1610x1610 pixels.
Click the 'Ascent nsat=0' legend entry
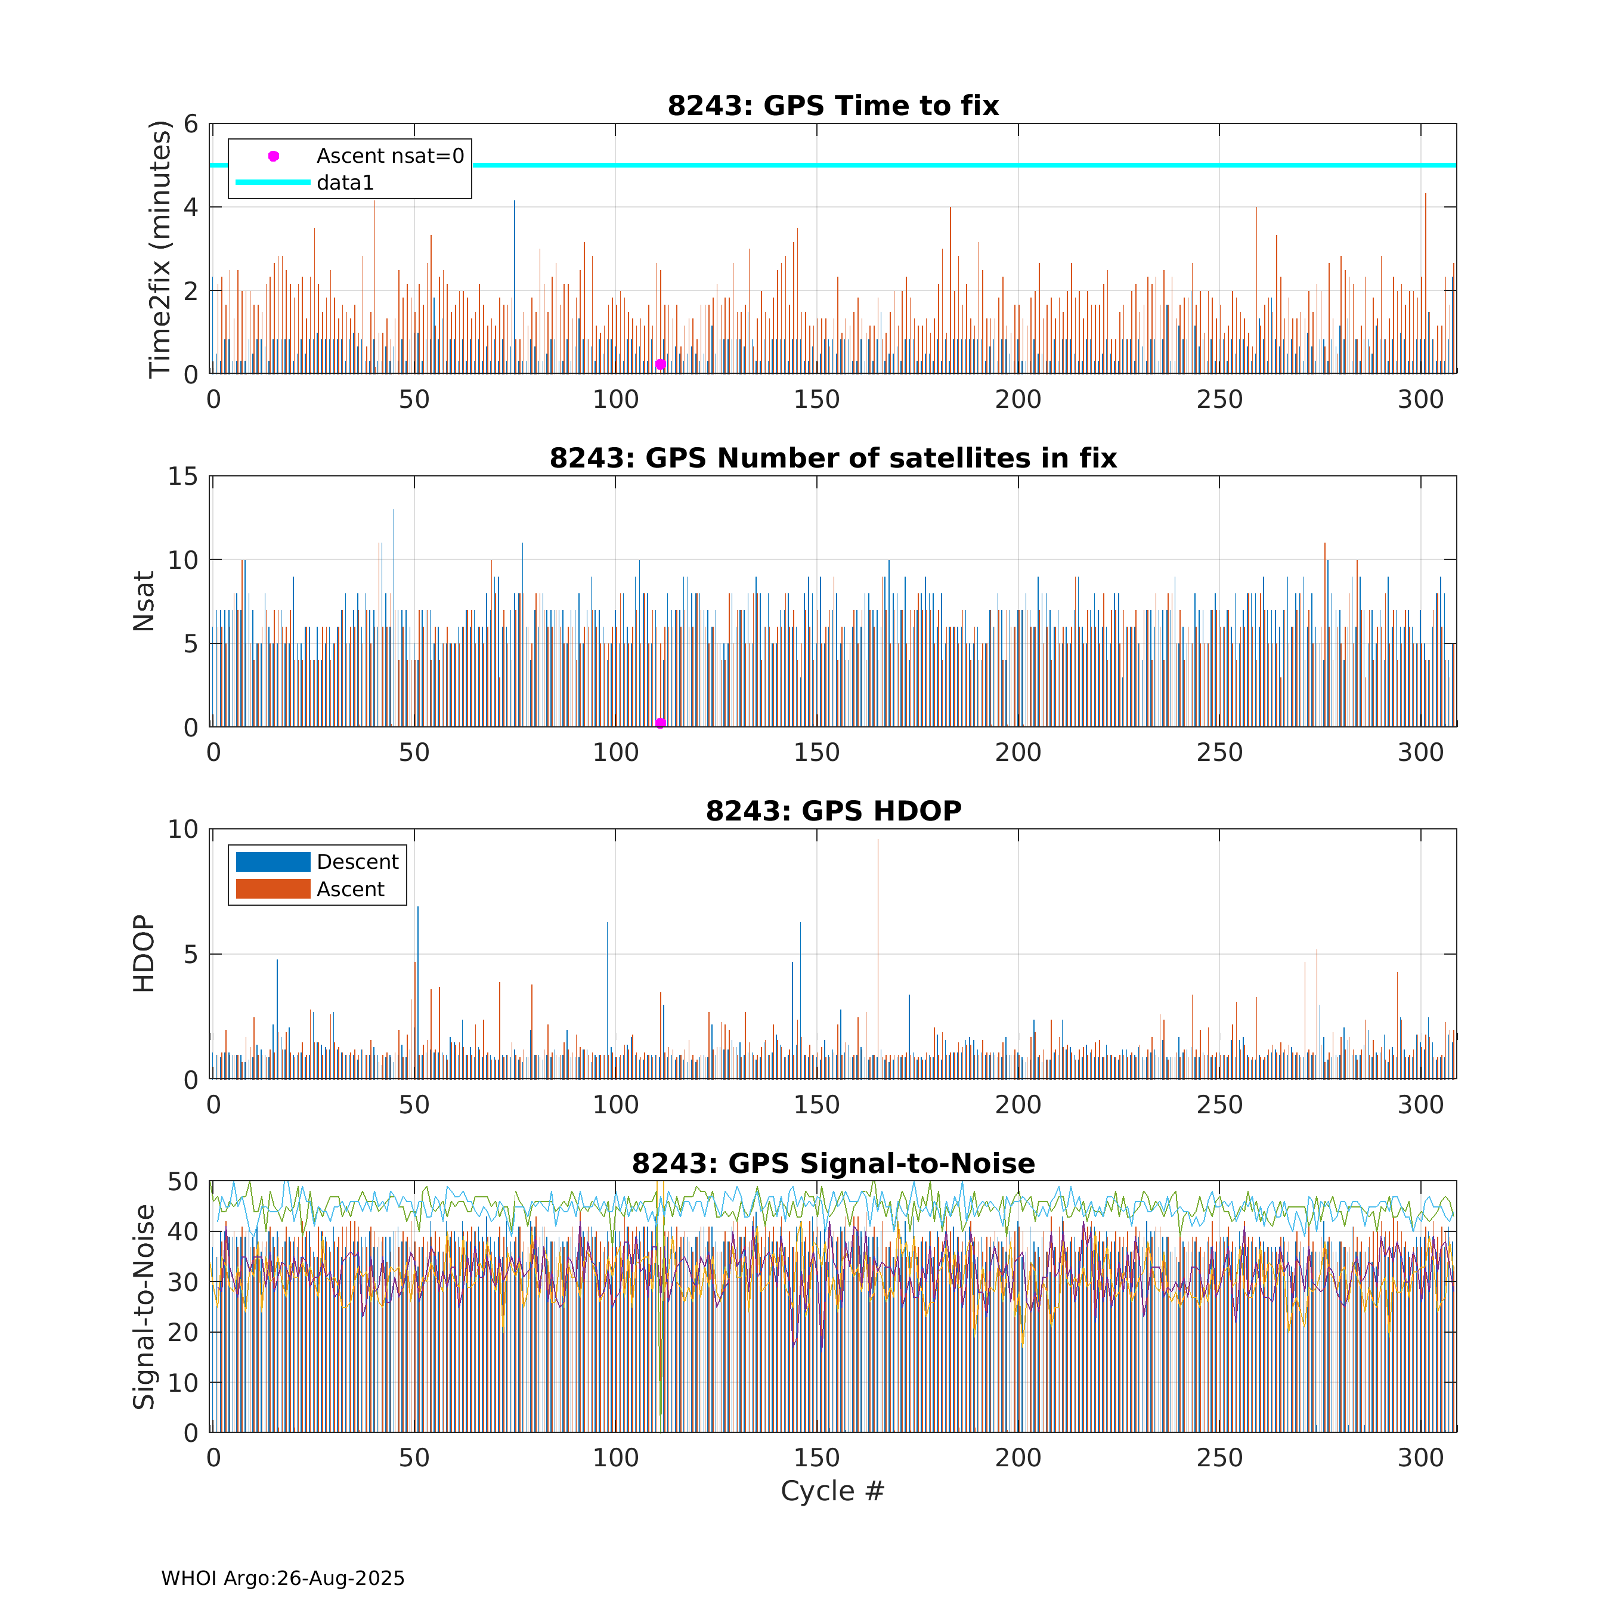(x=389, y=156)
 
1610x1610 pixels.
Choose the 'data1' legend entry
(x=345, y=182)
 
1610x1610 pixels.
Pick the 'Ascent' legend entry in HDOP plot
(x=350, y=889)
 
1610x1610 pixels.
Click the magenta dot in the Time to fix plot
(x=660, y=364)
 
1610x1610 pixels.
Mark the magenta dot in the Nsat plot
(x=660, y=723)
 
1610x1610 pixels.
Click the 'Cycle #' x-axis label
(x=832, y=1491)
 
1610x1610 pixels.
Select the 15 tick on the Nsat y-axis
(x=183, y=476)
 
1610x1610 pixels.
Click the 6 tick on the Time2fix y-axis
(x=191, y=124)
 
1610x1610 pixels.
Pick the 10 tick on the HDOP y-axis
(x=183, y=829)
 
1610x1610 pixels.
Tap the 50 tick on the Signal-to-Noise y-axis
(x=183, y=1182)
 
